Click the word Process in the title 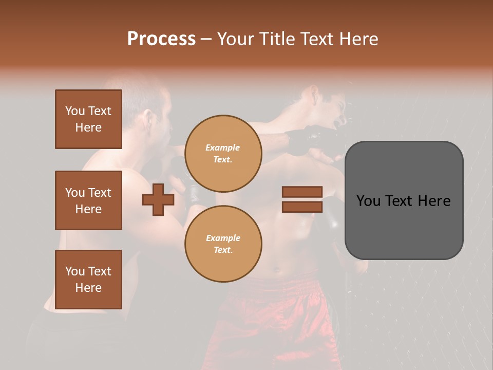pos(161,39)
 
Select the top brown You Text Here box pos(88,119)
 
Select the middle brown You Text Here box pos(88,200)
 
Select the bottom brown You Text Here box pos(88,280)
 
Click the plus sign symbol pos(158,199)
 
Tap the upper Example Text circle pos(223,154)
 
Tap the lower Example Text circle pos(223,244)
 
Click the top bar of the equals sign pos(302,192)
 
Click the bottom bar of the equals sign pos(302,207)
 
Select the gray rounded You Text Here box pos(404,200)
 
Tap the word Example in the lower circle pos(223,238)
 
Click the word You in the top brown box pos(74,111)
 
